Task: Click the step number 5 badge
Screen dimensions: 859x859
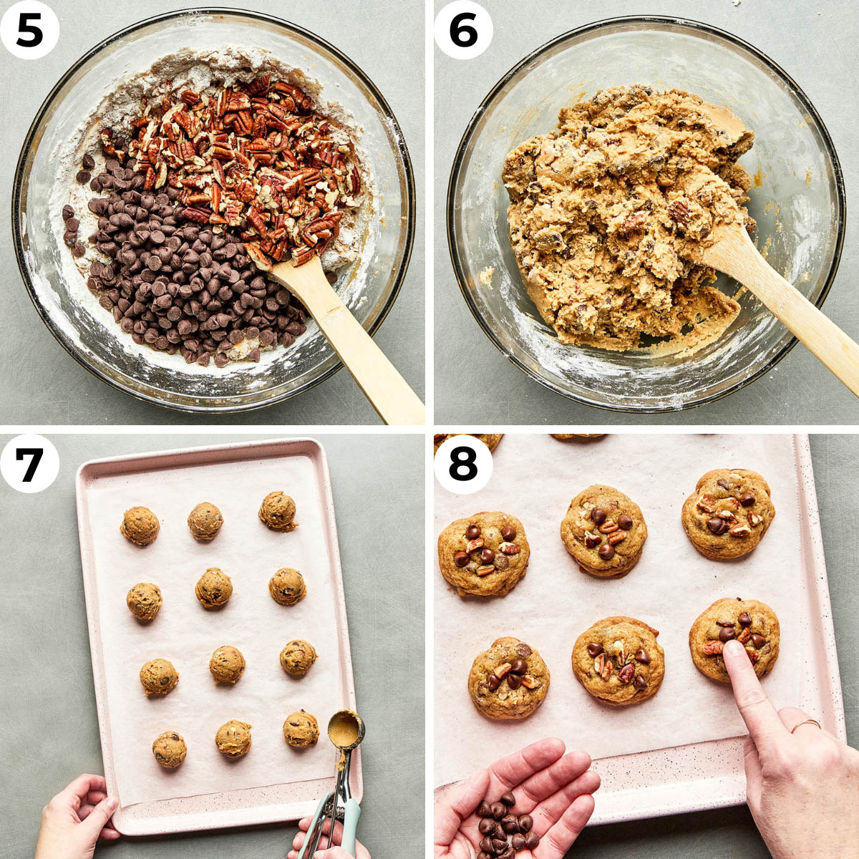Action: click(x=29, y=30)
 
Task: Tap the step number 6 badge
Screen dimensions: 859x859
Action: click(x=463, y=30)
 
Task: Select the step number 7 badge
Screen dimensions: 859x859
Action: click(x=29, y=463)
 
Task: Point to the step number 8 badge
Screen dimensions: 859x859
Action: click(x=463, y=463)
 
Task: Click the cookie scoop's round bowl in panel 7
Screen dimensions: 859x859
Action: click(x=346, y=729)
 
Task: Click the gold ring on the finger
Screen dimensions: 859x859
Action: click(x=805, y=726)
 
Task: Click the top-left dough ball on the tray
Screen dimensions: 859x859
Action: click(x=140, y=526)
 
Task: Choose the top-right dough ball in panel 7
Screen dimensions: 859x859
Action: click(x=278, y=510)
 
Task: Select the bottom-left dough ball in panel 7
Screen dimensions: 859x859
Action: click(x=170, y=749)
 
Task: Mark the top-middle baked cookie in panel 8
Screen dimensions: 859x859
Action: click(x=603, y=530)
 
